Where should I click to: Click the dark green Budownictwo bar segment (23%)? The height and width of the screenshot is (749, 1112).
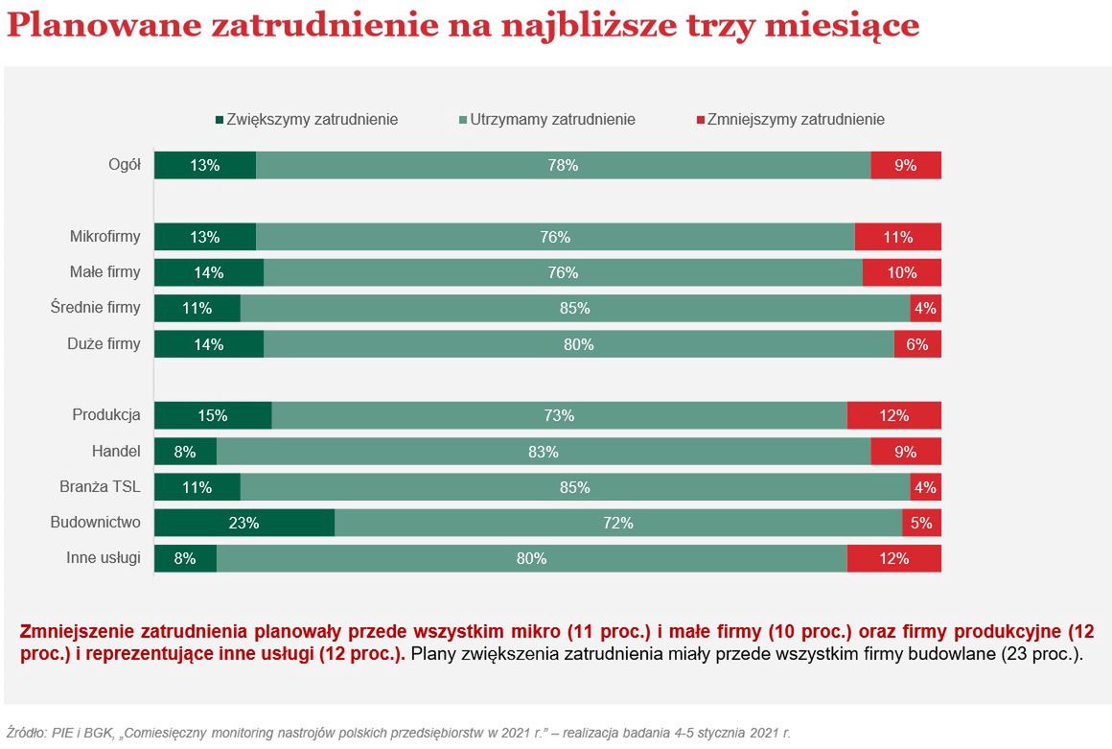point(244,523)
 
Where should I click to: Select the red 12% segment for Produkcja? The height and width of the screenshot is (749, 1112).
point(893,415)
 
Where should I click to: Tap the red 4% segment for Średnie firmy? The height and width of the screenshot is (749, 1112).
point(925,308)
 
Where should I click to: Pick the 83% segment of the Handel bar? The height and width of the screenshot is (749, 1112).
point(544,452)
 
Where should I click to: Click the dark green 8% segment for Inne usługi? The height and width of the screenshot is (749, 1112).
point(185,558)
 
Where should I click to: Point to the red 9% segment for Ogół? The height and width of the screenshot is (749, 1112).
point(906,165)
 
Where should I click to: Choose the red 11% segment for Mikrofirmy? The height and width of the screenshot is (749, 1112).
point(897,237)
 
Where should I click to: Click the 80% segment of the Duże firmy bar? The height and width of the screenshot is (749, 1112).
point(579,344)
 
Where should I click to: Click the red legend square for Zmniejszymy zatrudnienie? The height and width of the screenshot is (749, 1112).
point(700,120)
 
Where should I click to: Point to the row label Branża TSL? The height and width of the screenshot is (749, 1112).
point(100,487)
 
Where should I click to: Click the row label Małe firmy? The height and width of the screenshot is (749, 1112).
point(104,272)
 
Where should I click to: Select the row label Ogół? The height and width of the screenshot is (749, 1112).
point(125,165)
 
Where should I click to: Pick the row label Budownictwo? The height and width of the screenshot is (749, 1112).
point(95,523)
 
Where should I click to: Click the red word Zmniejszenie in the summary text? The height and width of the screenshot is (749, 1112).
point(80,632)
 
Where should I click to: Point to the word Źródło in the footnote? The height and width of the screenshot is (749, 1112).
point(27,732)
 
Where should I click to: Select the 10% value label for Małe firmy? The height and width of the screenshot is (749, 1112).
point(901,272)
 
